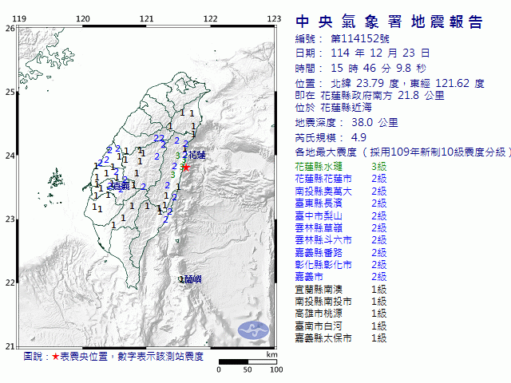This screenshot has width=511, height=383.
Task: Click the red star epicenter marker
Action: pyautogui.click(x=186, y=167)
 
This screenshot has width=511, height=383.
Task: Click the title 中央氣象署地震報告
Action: pyautogui.click(x=389, y=22)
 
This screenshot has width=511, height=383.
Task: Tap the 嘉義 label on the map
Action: pyautogui.click(x=121, y=186)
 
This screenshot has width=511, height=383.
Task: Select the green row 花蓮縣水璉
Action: pyautogui.click(x=318, y=166)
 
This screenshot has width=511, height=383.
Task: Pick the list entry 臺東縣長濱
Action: pyautogui.click(x=318, y=203)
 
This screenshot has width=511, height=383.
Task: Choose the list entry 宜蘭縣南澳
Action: pyautogui.click(x=318, y=289)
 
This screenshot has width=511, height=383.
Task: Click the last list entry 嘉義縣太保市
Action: pyautogui.click(x=322, y=338)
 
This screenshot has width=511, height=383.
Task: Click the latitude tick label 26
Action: pyautogui.click(x=10, y=28)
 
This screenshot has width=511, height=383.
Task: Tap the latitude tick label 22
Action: pyautogui.click(x=10, y=282)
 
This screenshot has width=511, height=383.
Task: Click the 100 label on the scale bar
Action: pyautogui.click(x=275, y=369)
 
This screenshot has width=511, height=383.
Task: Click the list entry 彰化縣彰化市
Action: pyautogui.click(x=322, y=264)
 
